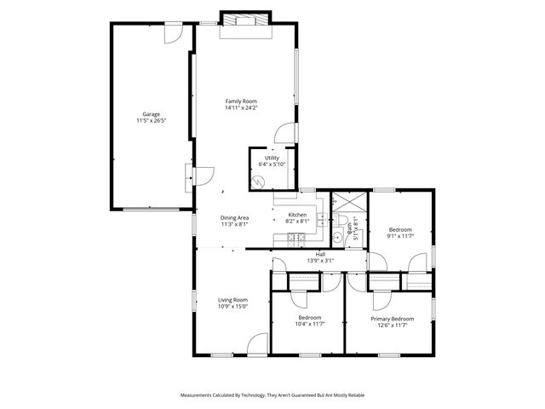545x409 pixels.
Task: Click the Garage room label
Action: [x=151, y=113]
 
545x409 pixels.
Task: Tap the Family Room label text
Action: [x=241, y=101]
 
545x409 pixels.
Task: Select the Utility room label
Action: [x=272, y=158]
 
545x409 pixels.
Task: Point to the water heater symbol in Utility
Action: [x=259, y=181]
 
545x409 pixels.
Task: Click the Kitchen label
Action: [x=297, y=215]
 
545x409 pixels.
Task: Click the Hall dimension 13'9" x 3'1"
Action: [x=320, y=261]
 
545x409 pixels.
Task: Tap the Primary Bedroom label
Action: [x=392, y=319]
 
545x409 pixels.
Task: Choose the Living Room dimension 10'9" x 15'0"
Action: [x=232, y=306]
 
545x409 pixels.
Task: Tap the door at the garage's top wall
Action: [x=173, y=33]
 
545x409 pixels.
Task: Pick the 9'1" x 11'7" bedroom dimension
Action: [x=400, y=236]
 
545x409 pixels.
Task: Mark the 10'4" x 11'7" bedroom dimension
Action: [x=309, y=325]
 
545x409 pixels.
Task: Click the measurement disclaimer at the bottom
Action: [x=272, y=395]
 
